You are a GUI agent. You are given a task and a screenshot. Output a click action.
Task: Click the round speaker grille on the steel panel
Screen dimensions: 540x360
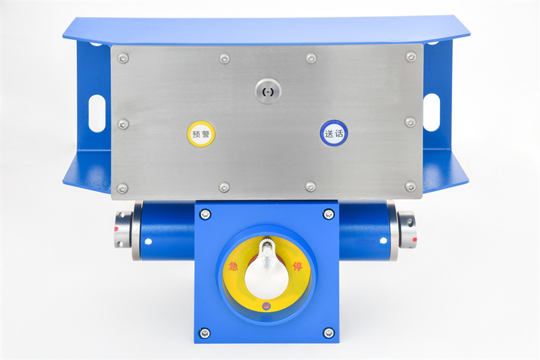(268, 91)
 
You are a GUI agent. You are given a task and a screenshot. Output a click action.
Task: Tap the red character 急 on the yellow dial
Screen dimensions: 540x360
(233, 266)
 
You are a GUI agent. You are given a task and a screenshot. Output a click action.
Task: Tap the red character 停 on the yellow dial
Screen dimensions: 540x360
(298, 266)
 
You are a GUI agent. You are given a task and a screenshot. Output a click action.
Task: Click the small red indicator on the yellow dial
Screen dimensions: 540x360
(266, 305)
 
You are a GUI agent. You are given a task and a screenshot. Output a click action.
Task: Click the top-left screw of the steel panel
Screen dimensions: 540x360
(123, 58)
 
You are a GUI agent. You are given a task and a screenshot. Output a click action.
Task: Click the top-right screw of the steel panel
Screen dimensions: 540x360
(411, 57)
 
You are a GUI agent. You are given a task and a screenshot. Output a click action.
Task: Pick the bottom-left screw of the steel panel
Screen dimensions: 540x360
(122, 188)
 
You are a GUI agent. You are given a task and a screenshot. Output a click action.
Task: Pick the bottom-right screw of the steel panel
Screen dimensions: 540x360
(410, 186)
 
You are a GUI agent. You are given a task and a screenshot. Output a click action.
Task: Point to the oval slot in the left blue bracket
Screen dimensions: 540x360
(97, 113)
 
